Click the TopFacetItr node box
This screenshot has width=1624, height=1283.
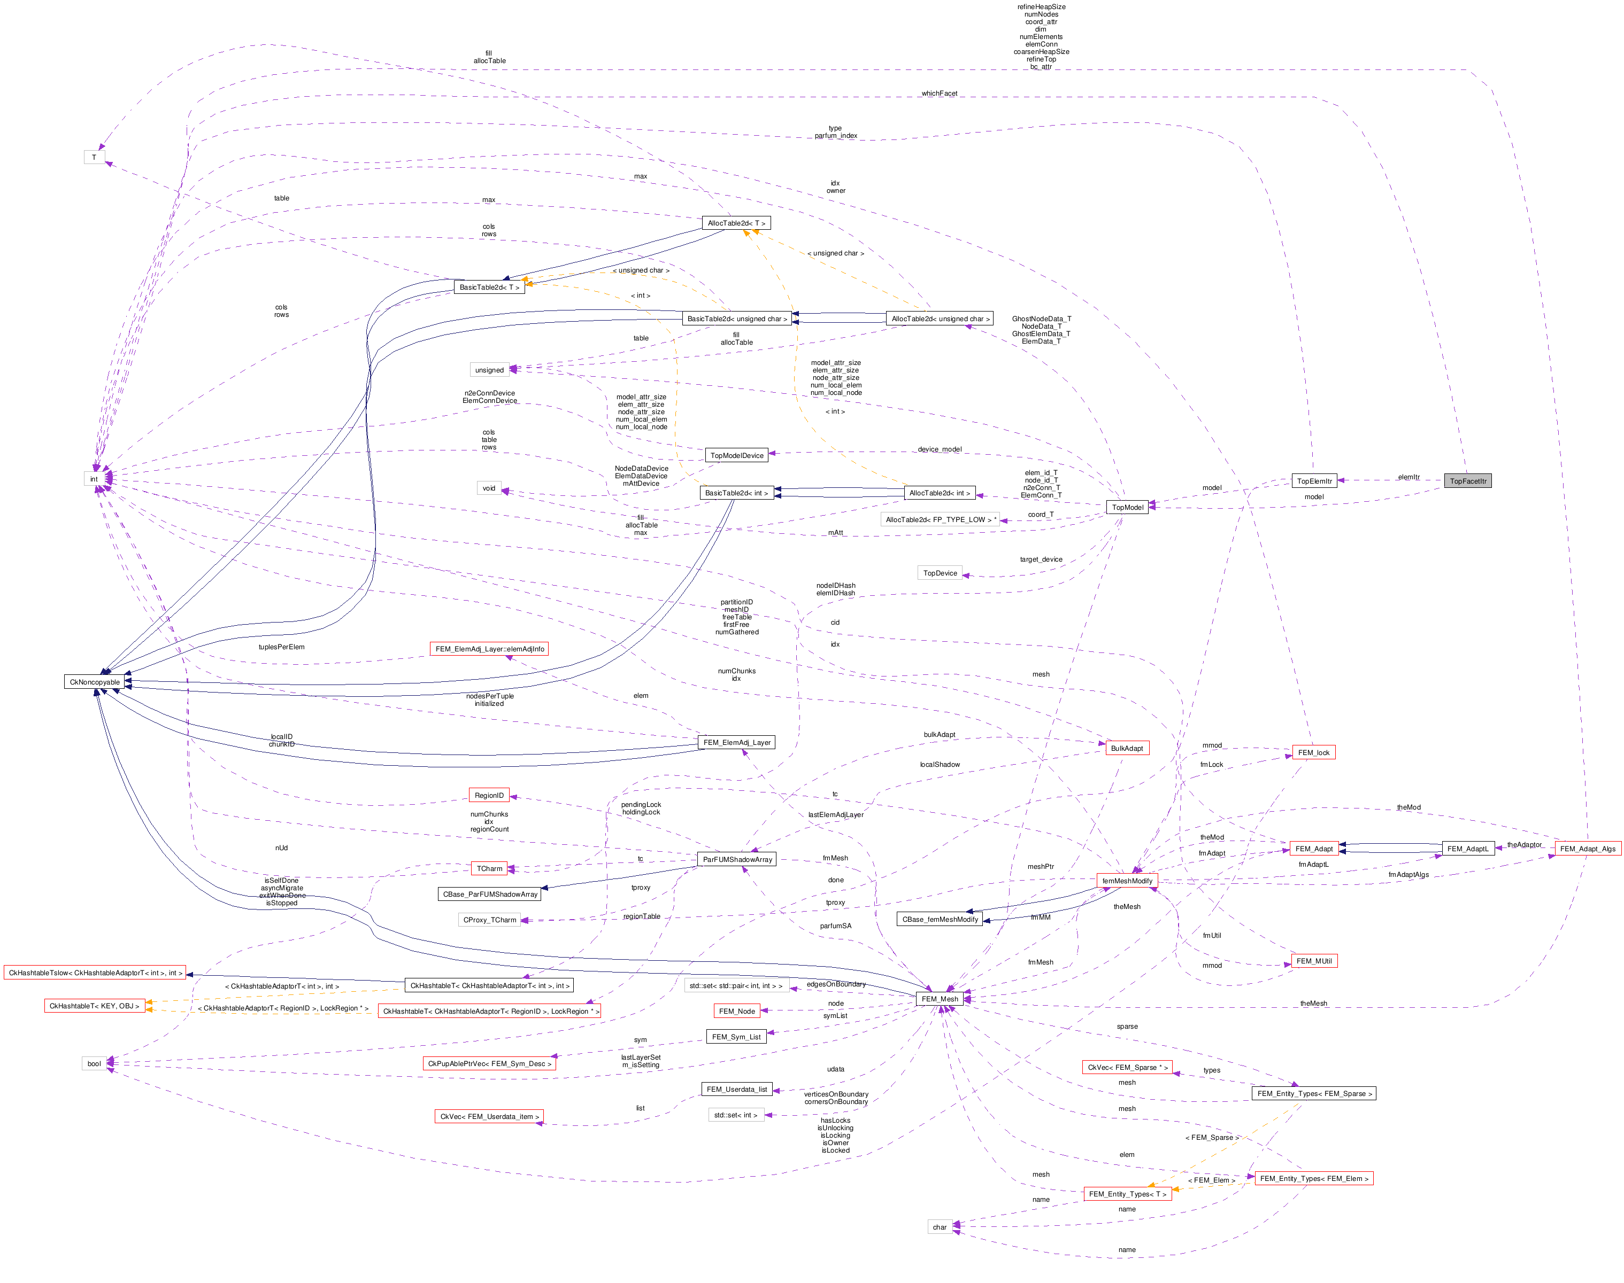click(1467, 481)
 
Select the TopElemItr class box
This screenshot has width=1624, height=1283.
click(1314, 481)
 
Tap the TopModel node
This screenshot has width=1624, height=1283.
click(1127, 507)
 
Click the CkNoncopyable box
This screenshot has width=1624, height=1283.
click(95, 682)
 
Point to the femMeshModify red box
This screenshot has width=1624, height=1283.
click(1127, 881)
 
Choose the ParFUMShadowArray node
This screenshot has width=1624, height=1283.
click(737, 859)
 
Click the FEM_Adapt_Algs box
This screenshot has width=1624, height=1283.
click(1587, 849)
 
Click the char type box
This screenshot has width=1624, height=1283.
click(940, 1227)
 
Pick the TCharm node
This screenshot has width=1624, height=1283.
click(489, 868)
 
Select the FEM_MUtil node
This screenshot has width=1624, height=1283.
click(1314, 961)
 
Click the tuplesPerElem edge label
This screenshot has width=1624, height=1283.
click(282, 647)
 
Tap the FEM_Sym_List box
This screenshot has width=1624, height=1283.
click(736, 1037)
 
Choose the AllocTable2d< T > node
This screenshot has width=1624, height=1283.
click(736, 223)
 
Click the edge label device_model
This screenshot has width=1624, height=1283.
click(940, 449)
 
